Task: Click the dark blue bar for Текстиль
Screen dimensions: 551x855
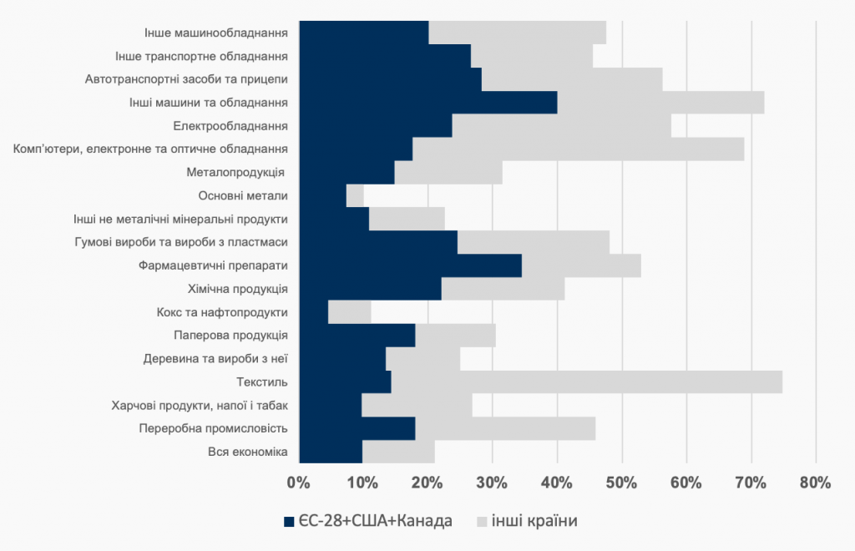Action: (x=344, y=382)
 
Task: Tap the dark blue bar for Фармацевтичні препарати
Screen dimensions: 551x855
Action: (x=409, y=265)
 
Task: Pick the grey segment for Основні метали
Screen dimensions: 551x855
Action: (x=355, y=196)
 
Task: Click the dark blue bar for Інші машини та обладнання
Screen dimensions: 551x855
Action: (x=427, y=103)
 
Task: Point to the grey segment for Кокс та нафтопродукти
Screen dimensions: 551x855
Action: (x=350, y=312)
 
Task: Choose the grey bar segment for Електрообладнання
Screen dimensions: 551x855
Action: (x=561, y=126)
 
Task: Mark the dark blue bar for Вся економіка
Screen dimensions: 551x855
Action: (x=330, y=452)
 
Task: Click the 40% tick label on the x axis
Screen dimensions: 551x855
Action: (x=557, y=483)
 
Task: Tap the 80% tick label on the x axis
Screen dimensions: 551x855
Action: (x=815, y=483)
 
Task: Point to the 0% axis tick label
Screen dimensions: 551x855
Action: (x=298, y=483)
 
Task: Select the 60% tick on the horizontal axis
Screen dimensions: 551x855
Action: (x=686, y=483)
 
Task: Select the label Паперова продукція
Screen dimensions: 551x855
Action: (x=231, y=336)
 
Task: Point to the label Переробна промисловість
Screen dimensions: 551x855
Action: (x=213, y=428)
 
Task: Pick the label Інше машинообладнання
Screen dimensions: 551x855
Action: (x=215, y=33)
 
